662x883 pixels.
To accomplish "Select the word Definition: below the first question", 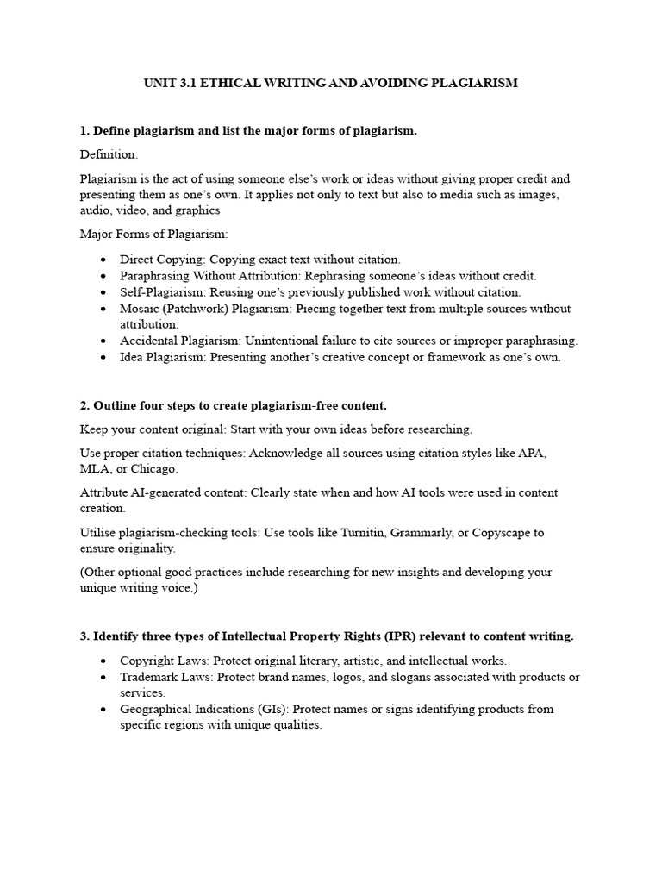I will click(x=109, y=154).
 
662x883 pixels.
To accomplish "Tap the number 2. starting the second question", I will click(x=85, y=405).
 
